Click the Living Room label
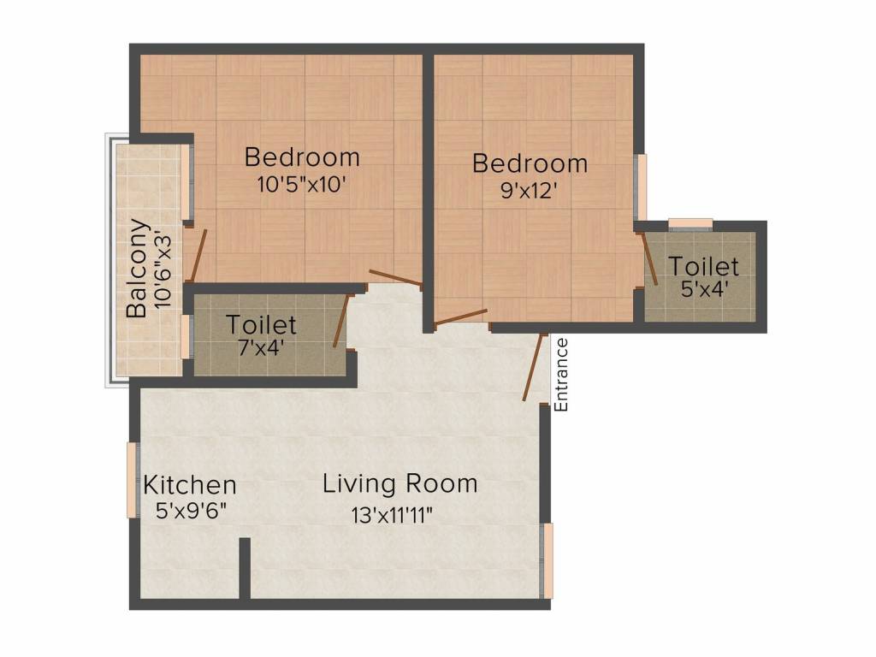tap(400, 484)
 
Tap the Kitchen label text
tap(189, 486)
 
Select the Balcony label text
tap(138, 269)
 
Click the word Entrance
tap(561, 375)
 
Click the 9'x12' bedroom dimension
tap(530, 189)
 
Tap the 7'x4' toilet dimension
tap(261, 347)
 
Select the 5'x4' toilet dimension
tap(704, 288)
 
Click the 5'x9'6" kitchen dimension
tap(190, 512)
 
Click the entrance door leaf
tap(535, 366)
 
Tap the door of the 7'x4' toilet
tap(340, 321)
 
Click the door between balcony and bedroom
tap(198, 255)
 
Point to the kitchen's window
tap(133, 480)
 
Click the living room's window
tap(548, 560)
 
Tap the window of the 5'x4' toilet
tap(690, 224)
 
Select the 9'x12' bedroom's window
tap(641, 186)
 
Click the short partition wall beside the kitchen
tap(245, 568)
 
